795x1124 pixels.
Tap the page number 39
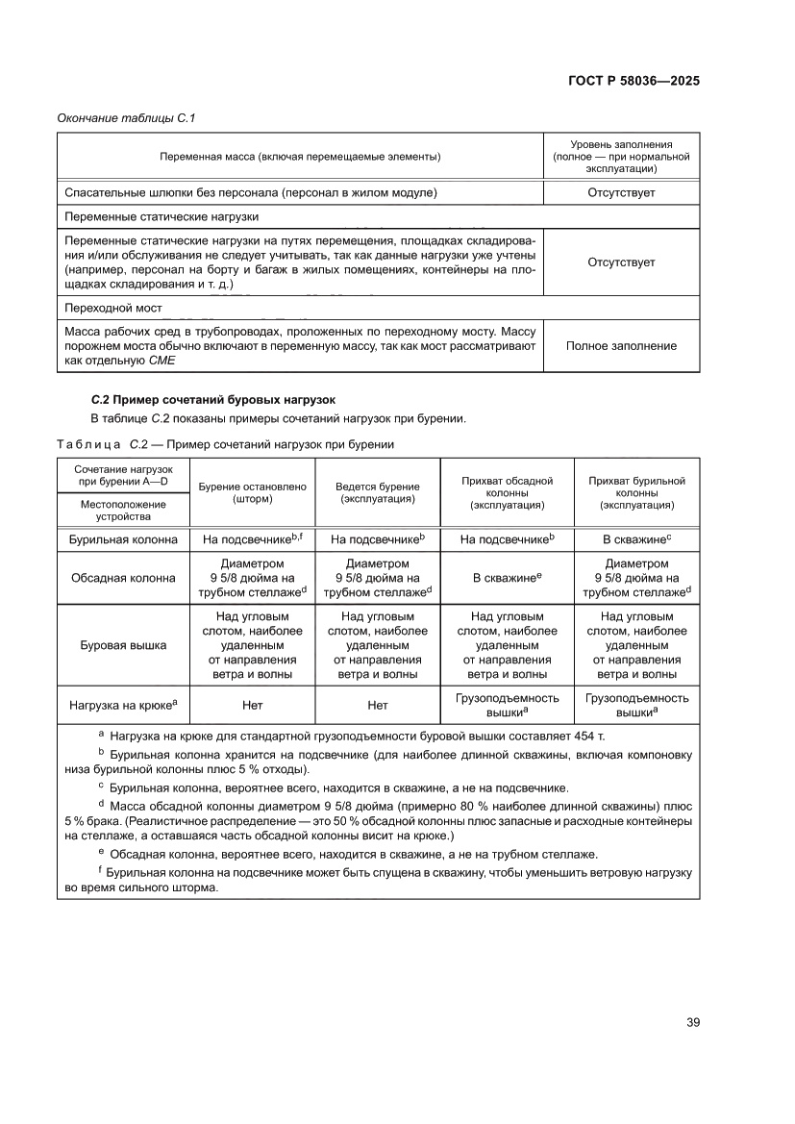tap(692, 1022)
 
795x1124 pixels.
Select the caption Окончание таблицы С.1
tap(127, 118)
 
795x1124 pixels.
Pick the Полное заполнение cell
tap(621, 346)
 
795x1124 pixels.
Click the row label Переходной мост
tap(112, 309)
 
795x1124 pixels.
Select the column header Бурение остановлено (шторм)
tap(252, 493)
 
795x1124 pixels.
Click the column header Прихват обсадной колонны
tap(508, 492)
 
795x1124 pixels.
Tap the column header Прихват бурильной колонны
tap(636, 492)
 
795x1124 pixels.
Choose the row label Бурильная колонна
tap(123, 540)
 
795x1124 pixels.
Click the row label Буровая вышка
tap(123, 645)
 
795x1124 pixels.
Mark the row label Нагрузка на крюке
tap(123, 705)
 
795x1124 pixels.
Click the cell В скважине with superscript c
tap(635, 540)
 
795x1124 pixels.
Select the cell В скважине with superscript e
tap(507, 578)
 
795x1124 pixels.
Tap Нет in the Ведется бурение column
tap(378, 705)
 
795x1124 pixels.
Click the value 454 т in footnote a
tap(602, 735)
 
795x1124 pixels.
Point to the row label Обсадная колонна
tap(123, 578)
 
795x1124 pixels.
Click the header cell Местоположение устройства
tap(123, 510)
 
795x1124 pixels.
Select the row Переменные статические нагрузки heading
tap(161, 216)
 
